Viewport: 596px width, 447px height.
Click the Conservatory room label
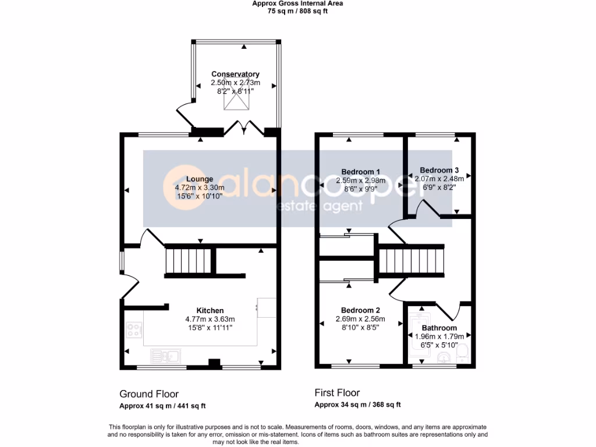click(235, 74)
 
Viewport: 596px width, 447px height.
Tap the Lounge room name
click(200, 179)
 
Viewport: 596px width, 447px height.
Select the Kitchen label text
click(210, 311)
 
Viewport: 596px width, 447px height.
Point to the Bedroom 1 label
click(360, 172)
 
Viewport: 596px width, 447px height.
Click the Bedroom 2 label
click(360, 311)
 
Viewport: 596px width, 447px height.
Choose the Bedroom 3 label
click(439, 171)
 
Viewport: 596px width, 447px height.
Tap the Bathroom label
click(439, 328)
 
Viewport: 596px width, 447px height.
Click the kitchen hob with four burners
click(134, 329)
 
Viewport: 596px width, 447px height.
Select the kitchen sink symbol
click(165, 356)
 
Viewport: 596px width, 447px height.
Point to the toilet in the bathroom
click(462, 353)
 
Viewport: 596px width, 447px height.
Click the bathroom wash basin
click(444, 357)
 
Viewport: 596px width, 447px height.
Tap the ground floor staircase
click(188, 261)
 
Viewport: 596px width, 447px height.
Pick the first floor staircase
click(411, 261)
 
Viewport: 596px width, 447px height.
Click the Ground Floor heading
click(149, 394)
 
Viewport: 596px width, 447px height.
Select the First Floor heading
click(337, 393)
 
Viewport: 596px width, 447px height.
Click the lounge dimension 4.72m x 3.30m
click(200, 188)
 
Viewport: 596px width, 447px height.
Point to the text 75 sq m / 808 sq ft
click(297, 11)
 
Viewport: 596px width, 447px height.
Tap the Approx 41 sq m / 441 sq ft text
click(162, 406)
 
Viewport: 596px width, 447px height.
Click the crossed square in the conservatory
click(236, 93)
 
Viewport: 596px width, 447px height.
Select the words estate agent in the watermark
click(320, 206)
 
